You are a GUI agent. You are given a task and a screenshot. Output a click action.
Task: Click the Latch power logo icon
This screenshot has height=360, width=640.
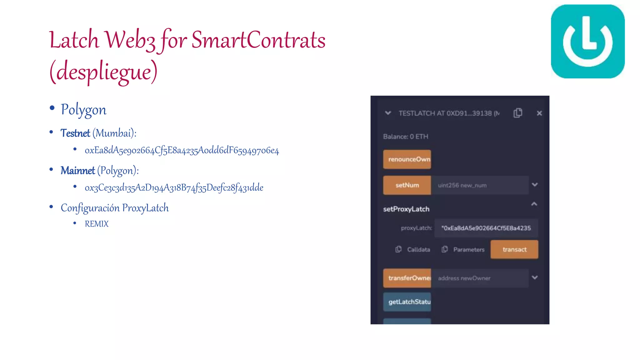coord(587,41)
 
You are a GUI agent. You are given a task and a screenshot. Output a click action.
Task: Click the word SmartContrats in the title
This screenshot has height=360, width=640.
coord(258,40)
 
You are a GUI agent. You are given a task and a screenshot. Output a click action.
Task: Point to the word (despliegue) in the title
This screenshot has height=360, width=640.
coord(103,72)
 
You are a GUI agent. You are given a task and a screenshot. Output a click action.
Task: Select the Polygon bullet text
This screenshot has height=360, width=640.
coord(83,110)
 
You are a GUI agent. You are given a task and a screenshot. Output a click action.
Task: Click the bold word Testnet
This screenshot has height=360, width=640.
coord(75,133)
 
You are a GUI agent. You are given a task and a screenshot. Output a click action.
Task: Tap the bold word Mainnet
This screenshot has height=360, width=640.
coord(77,171)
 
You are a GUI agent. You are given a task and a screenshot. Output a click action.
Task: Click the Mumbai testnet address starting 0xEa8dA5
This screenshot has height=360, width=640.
coord(182,150)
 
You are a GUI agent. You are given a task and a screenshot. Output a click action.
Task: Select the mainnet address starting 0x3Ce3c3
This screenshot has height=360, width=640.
coord(174,187)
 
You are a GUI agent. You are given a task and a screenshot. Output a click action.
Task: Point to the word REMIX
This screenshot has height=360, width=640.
coord(97,224)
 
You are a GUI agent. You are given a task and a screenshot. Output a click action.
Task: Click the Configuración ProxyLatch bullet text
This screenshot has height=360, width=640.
coord(115,208)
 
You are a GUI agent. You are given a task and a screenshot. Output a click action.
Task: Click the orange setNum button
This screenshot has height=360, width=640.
coord(407,185)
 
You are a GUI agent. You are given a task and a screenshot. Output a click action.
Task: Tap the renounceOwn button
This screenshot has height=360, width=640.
coord(407,159)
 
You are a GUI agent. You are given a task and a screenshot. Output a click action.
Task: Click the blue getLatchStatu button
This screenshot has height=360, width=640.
coord(407,302)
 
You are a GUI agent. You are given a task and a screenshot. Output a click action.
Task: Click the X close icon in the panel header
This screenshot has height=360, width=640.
coord(539,113)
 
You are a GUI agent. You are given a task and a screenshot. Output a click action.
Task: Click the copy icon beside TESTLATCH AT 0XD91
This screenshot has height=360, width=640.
coord(517,113)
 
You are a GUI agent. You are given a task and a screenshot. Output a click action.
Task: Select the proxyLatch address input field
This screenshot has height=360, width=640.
coord(486,228)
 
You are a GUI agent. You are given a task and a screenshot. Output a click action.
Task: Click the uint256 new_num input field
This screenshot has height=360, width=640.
coord(480,185)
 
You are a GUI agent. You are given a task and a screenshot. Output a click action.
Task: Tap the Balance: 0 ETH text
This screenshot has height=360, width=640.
coord(406,137)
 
